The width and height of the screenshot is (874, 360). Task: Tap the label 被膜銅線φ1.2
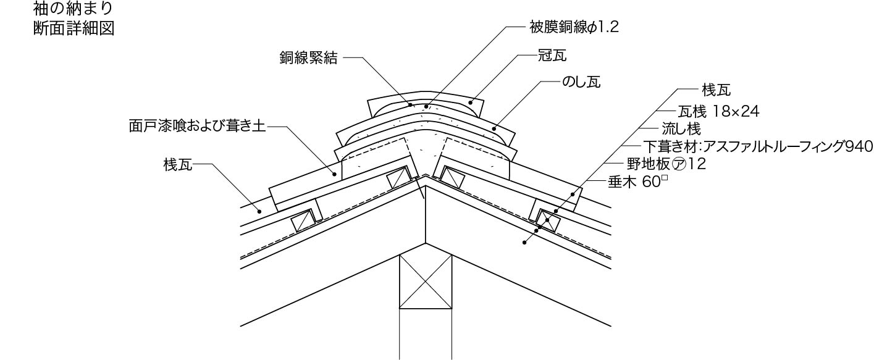(574, 28)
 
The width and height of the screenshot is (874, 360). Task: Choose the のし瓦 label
(581, 82)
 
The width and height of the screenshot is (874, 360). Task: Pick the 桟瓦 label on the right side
(716, 90)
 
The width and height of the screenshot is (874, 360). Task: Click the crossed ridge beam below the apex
(426, 282)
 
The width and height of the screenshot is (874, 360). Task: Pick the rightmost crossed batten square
(547, 220)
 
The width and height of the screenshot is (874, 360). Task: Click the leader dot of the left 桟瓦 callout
(260, 211)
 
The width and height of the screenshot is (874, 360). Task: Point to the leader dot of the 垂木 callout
(524, 243)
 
